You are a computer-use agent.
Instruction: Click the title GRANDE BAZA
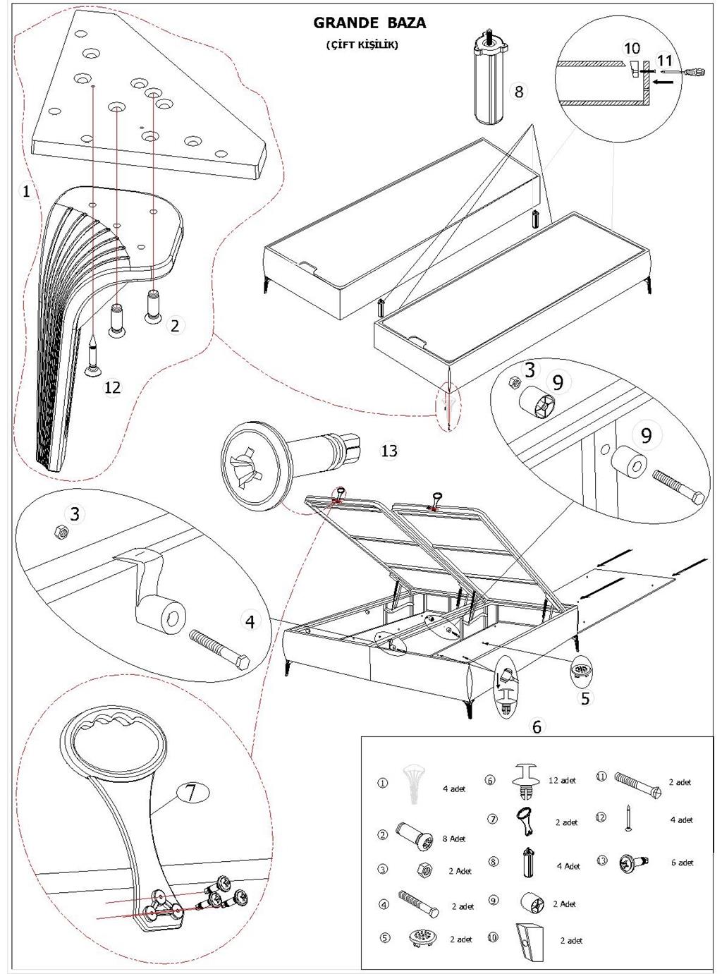(369, 23)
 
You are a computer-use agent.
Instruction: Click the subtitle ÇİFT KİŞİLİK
(362, 44)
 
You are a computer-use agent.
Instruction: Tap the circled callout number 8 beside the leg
(519, 91)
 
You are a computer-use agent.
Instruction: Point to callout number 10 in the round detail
(632, 48)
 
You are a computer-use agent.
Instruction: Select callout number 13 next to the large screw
(389, 451)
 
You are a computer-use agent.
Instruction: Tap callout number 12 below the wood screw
(113, 386)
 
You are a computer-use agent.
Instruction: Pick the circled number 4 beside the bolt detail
(250, 621)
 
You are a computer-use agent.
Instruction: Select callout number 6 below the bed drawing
(537, 726)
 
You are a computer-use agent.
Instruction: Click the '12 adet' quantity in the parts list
(562, 780)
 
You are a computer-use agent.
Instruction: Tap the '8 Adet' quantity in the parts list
(453, 839)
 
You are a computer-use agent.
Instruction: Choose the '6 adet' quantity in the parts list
(681, 862)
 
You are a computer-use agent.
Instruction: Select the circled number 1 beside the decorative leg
(26, 191)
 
